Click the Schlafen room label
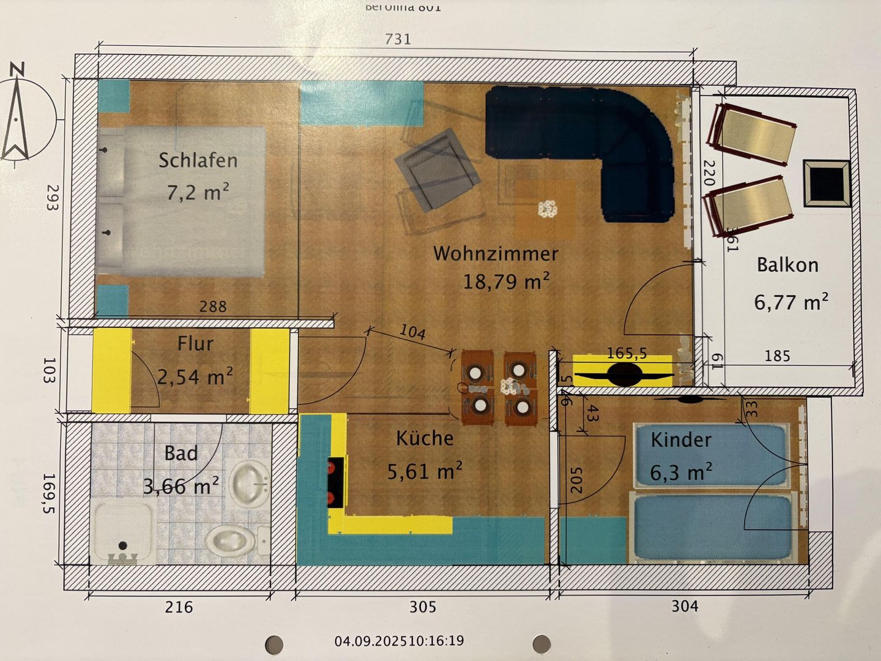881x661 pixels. pyautogui.click(x=198, y=160)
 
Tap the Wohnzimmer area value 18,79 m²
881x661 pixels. pyautogui.click(x=506, y=282)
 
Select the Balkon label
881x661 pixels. pyautogui.click(x=787, y=265)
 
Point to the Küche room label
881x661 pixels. pyautogui.click(x=425, y=438)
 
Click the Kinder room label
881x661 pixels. pyautogui.click(x=681, y=440)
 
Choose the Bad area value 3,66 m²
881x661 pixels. pyautogui.click(x=181, y=487)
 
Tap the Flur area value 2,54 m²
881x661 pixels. pyautogui.click(x=195, y=377)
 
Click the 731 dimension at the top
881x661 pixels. pyautogui.click(x=398, y=39)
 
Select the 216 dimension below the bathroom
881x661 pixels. pyautogui.click(x=179, y=607)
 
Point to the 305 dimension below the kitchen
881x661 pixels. pyautogui.click(x=423, y=607)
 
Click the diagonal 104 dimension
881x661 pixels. pyautogui.click(x=412, y=332)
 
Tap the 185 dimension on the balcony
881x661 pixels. pyautogui.click(x=777, y=356)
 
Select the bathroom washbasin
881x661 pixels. pyautogui.click(x=250, y=483)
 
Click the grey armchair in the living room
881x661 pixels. pyautogui.click(x=437, y=169)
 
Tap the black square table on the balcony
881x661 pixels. pyautogui.click(x=827, y=183)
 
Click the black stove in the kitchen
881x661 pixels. pyautogui.click(x=335, y=482)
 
